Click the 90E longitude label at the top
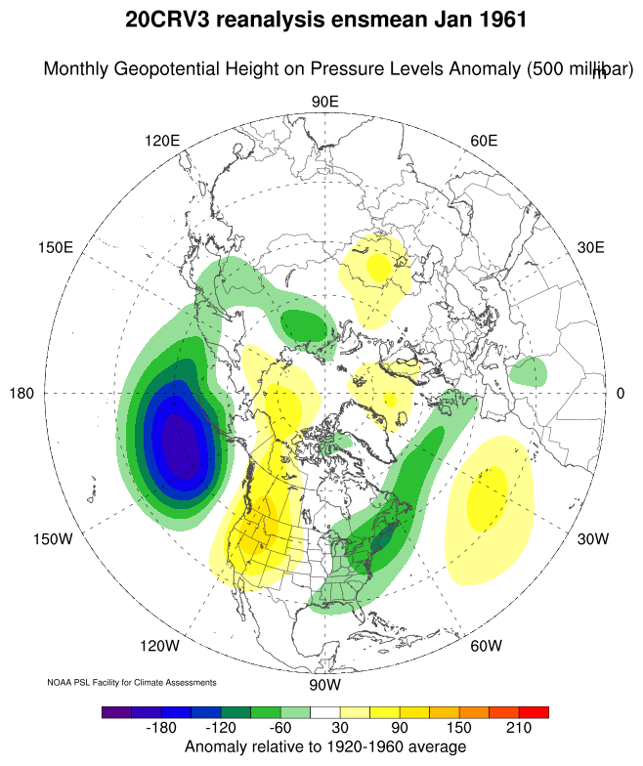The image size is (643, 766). click(324, 103)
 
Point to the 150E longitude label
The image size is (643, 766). click(56, 247)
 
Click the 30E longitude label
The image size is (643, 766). click(590, 247)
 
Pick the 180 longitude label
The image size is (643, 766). click(22, 394)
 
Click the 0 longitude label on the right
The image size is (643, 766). click(621, 394)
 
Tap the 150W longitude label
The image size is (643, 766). click(57, 539)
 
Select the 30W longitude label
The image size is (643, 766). click(592, 539)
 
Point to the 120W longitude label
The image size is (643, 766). click(160, 646)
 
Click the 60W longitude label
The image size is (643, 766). click(486, 646)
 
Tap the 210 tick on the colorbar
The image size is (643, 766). click(519, 729)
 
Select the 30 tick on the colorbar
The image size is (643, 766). click(338, 729)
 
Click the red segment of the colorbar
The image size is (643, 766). click(535, 712)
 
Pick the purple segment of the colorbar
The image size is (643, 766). click(115, 712)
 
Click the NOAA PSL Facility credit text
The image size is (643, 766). click(131, 682)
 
